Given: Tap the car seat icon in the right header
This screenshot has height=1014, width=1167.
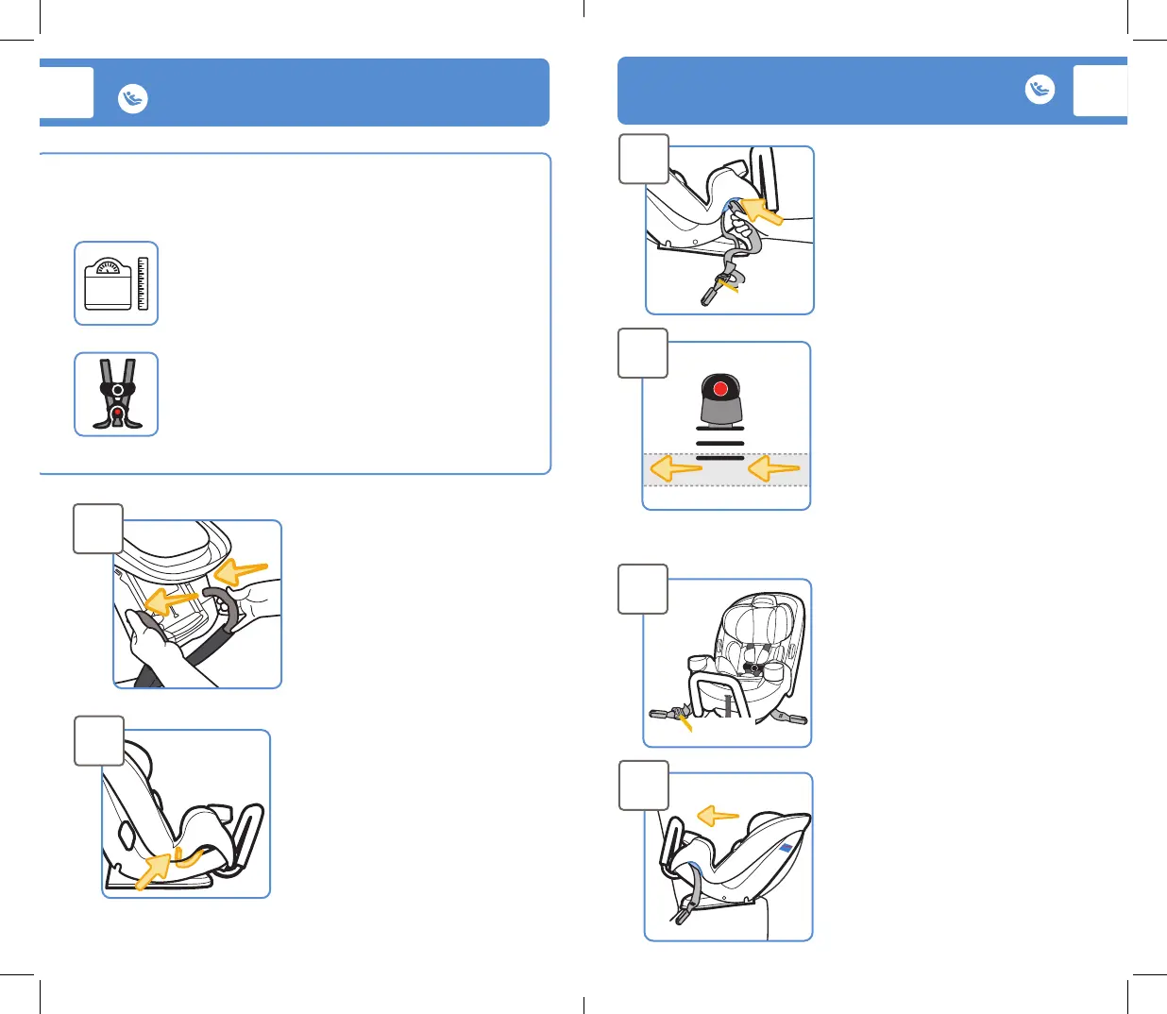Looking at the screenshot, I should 1040,90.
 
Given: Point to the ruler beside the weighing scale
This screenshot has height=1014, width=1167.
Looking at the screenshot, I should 143,283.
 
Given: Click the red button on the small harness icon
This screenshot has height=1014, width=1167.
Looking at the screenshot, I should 117,413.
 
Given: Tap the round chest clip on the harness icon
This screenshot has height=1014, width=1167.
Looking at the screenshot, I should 117,390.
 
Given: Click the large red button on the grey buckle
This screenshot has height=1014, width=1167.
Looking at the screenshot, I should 720,389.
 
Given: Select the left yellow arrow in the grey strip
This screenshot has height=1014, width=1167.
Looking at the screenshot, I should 676,468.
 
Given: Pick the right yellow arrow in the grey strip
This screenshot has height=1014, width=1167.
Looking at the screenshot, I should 773,468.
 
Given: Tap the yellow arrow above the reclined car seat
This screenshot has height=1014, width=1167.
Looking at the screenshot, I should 718,816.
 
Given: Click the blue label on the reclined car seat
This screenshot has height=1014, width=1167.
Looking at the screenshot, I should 786,849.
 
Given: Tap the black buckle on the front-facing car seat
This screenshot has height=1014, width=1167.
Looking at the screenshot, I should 753,668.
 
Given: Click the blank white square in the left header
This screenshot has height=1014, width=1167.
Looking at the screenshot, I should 67,93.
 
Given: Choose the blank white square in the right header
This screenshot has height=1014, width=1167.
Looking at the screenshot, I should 1100,91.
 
